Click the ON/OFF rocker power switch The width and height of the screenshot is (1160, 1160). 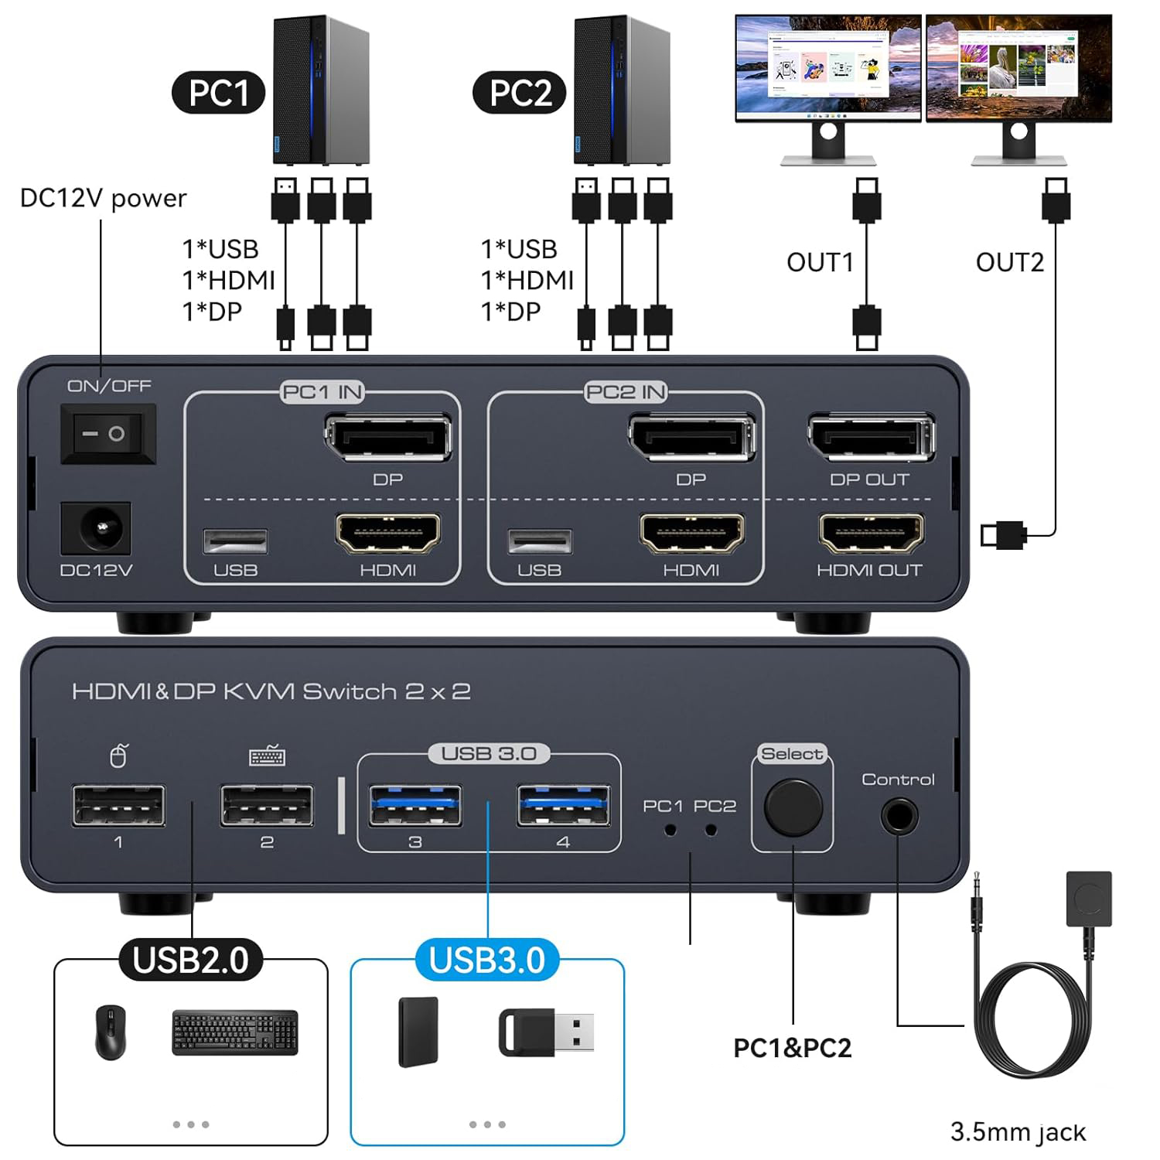tap(108, 434)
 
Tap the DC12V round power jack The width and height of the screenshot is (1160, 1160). tap(96, 529)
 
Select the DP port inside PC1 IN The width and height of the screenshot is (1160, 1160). tap(387, 439)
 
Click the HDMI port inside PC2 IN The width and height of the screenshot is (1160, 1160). tap(691, 533)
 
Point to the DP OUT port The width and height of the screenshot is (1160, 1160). tap(871, 438)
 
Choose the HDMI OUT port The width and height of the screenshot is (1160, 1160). tap(871, 533)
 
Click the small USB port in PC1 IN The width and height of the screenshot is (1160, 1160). tap(235, 541)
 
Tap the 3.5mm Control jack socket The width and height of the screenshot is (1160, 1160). tap(899, 816)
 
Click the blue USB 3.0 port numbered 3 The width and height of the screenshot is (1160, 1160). tap(415, 806)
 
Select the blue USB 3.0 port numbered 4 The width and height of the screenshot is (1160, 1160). tap(563, 806)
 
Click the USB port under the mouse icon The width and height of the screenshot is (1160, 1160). tap(118, 806)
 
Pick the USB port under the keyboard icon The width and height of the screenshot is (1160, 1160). tap(267, 806)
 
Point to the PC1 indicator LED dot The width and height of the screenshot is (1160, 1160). tap(670, 830)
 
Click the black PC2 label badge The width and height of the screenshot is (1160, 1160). tap(520, 93)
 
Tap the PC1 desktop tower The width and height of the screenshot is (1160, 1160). tap(320, 91)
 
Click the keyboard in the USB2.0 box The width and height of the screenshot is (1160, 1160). tap(234, 1032)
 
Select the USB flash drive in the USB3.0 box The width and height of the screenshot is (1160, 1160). tap(546, 1032)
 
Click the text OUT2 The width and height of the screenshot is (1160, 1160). tap(1009, 262)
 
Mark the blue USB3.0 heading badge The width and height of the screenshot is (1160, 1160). tap(487, 960)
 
